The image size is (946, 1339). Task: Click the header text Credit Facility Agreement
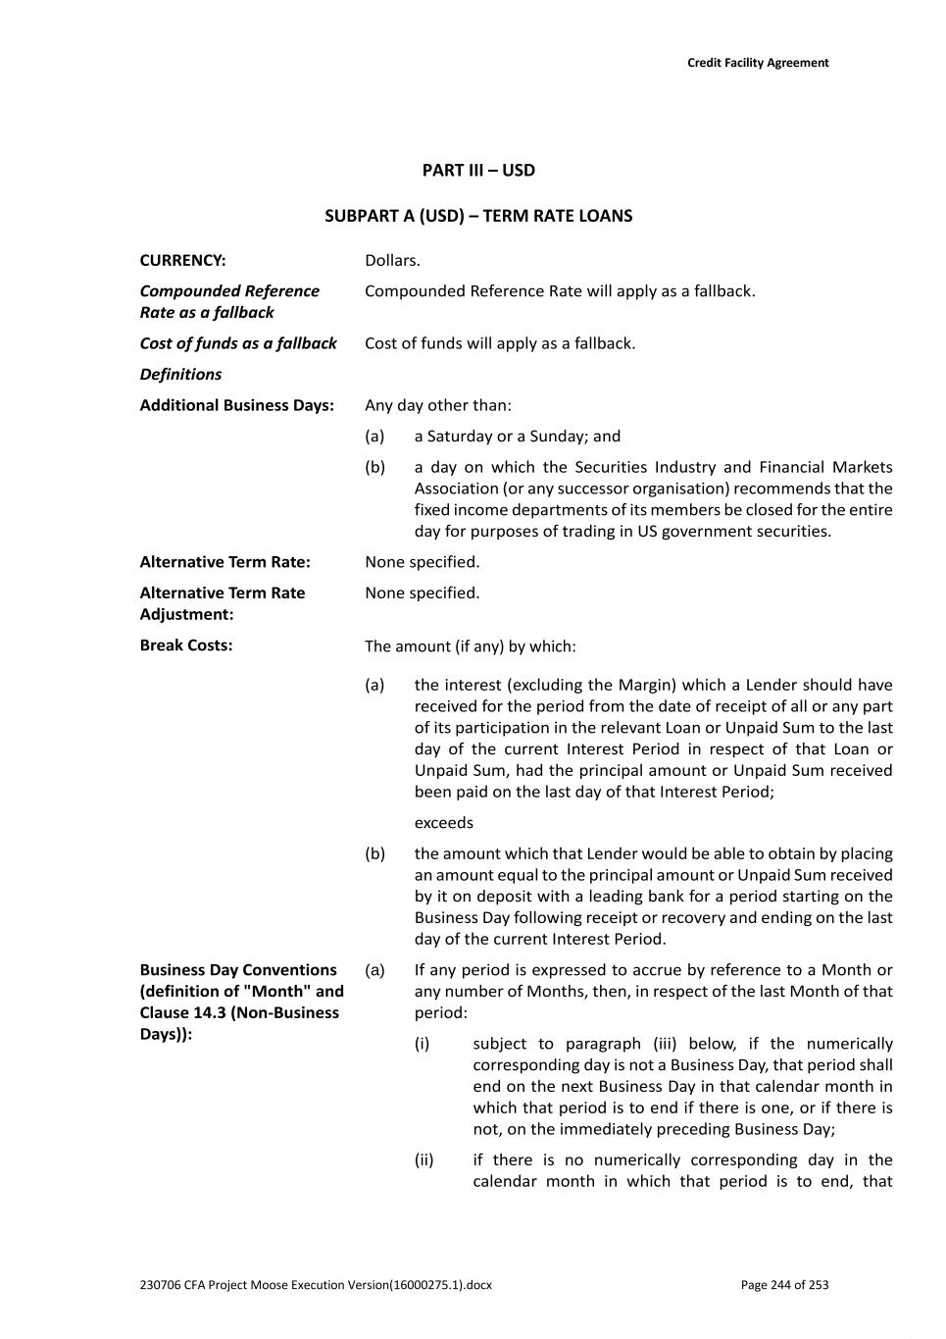[757, 63]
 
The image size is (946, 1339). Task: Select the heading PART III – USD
[478, 170]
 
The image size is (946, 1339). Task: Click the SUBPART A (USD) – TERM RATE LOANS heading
[478, 216]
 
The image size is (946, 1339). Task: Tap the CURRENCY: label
[182, 260]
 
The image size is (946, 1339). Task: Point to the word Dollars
[392, 260]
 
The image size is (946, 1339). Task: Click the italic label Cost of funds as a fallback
[238, 343]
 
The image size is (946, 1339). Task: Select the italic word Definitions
[180, 374]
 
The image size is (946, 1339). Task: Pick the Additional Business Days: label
[236, 405]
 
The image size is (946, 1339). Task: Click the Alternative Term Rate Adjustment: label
[223, 603]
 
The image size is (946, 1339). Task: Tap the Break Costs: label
[186, 645]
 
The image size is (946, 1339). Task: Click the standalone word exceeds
[443, 823]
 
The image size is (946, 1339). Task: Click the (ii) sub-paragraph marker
[423, 1160]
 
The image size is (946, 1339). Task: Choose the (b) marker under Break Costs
[374, 853]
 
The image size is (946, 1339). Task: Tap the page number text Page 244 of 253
[784, 1285]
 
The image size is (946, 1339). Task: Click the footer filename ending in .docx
[316, 1285]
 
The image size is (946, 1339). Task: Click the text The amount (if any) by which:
[471, 646]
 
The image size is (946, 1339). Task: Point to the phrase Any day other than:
[438, 405]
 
